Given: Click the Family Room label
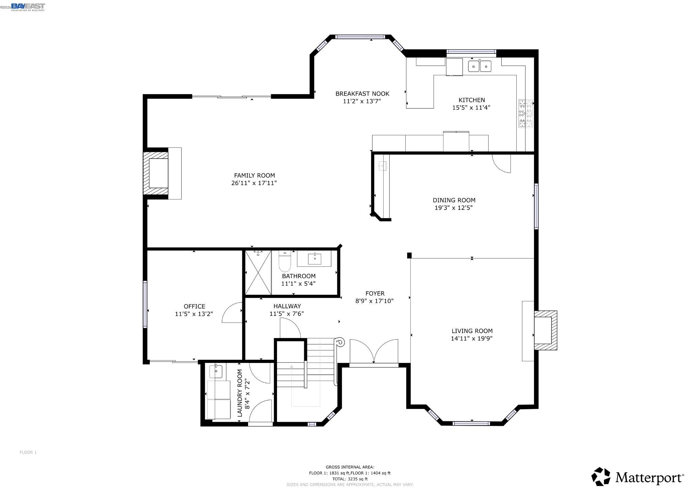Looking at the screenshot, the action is pos(254,176).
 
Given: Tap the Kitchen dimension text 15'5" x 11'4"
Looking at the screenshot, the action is pos(471,108).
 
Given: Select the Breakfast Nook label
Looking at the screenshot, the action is pos(362,94).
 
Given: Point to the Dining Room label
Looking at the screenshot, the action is pos(454,200).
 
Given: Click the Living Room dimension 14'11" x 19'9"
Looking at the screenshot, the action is pos(472,338).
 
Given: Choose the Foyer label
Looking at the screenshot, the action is pos(375,293).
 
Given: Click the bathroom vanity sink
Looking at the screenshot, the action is pos(315,259).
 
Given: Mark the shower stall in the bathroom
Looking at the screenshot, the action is pos(258,272).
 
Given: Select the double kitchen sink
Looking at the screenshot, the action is pos(480,66).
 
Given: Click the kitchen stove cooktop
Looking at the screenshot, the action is pos(525,113).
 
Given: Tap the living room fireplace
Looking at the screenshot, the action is pos(543,331).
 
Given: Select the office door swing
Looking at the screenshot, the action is pos(232,313).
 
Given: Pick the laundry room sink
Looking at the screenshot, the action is pos(216,371).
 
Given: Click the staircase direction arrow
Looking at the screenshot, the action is pos(292,385).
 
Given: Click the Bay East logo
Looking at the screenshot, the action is pos(28,7).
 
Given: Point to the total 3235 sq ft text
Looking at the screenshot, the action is pos(350,479).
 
